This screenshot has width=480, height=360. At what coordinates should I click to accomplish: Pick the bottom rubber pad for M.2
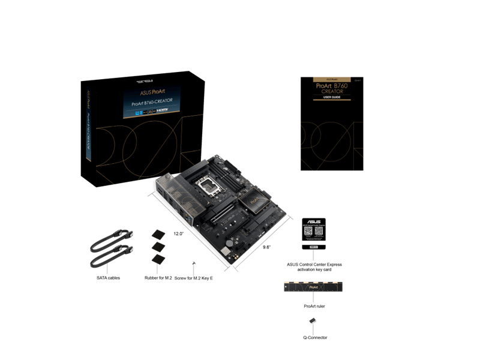pyautogui.click(x=159, y=259)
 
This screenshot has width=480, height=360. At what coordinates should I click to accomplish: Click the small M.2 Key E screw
pyautogui.click(x=193, y=263)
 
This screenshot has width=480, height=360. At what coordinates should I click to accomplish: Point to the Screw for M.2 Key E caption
pyautogui.click(x=194, y=278)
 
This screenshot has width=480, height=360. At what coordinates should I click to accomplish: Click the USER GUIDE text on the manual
pyautogui.click(x=331, y=97)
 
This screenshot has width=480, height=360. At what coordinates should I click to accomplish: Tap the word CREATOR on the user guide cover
pyautogui.click(x=332, y=91)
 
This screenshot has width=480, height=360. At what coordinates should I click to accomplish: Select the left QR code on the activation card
pyautogui.click(x=307, y=231)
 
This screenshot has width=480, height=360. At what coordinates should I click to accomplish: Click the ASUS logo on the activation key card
pyautogui.click(x=313, y=221)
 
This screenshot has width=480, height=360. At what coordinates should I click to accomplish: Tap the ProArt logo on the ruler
pyautogui.click(x=313, y=287)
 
